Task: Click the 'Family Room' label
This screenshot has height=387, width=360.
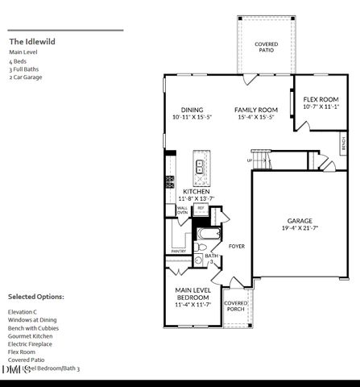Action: coord(256,110)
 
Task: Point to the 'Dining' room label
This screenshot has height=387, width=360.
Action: coord(192,110)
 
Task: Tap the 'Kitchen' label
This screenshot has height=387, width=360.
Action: coord(196,191)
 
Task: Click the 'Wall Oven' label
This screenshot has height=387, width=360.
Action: coord(182,210)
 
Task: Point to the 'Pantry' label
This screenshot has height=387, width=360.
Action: coord(178,251)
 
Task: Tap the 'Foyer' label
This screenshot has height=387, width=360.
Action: coord(237,246)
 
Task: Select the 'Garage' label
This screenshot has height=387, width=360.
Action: coord(300,221)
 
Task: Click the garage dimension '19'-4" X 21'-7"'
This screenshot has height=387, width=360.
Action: coord(300,229)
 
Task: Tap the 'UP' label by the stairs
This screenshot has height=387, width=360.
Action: coord(249,160)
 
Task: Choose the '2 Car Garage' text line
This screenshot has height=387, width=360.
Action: coord(26,77)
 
